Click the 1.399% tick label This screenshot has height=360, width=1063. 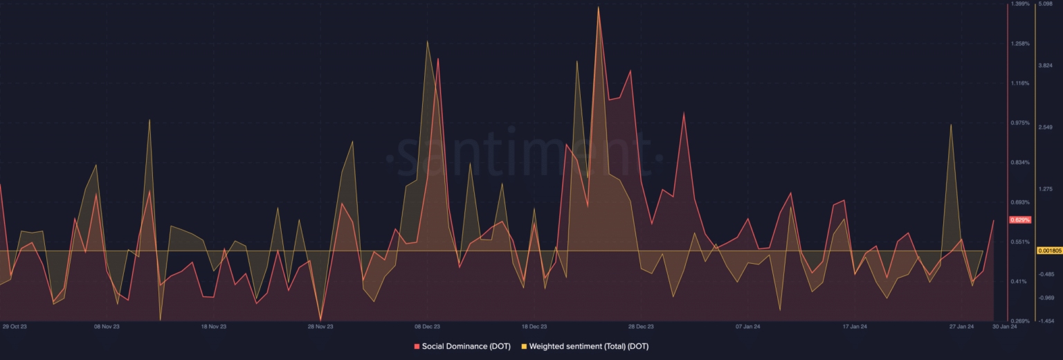tap(1021, 4)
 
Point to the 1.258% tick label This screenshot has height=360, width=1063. tap(1021, 44)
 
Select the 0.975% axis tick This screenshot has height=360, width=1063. tap(1021, 123)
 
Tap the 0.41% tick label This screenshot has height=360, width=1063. tap(1019, 281)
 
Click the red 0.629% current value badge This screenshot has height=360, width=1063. tap(1021, 219)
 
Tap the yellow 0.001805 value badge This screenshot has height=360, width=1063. tap(1048, 251)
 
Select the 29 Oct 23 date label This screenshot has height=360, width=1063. tap(15, 325)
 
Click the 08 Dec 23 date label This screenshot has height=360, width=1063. tap(427, 325)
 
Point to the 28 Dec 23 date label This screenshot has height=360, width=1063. tap(641, 325)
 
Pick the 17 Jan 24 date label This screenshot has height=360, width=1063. tap(855, 325)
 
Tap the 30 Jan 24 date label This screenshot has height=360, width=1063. tap(1004, 325)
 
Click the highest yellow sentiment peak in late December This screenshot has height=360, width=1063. tap(598, 8)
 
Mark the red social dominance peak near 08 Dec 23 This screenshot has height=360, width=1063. tap(438, 59)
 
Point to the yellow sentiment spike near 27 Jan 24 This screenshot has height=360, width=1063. tap(952, 125)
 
